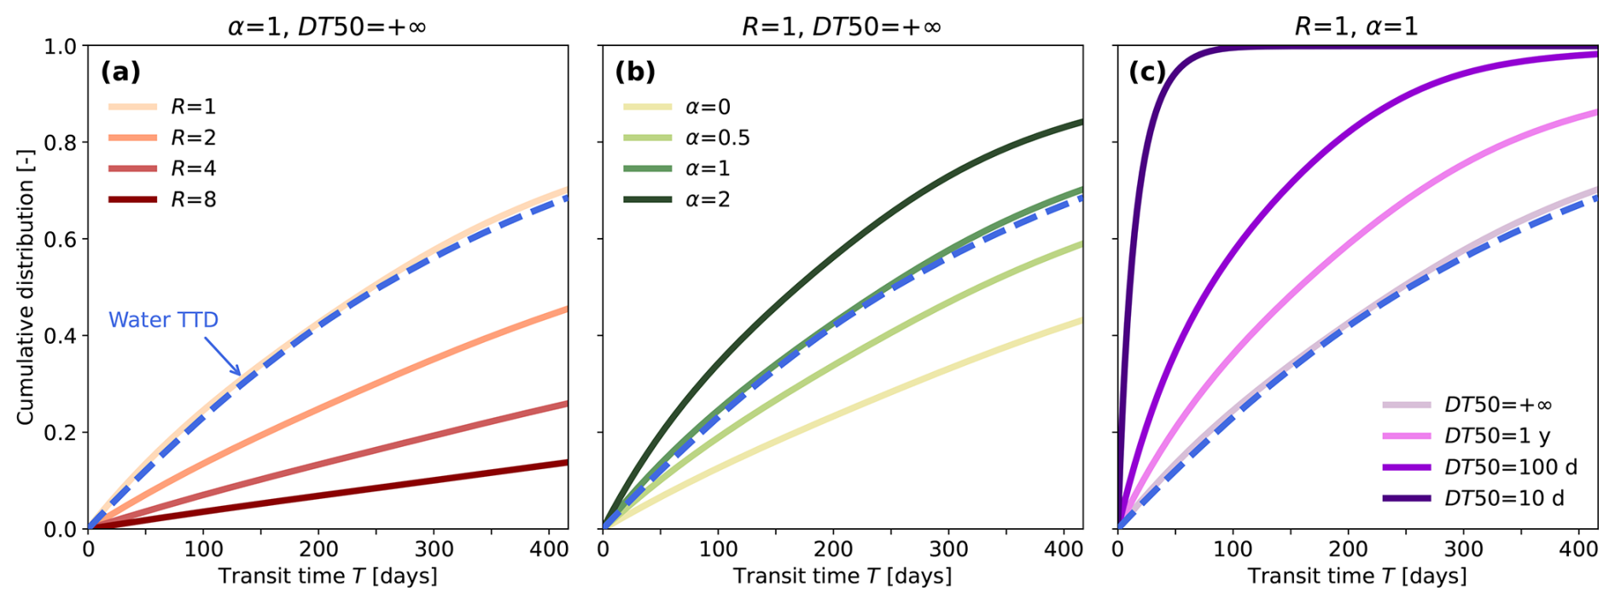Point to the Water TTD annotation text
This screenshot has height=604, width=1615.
pyautogui.click(x=163, y=320)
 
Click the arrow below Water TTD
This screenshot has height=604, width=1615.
pyautogui.click(x=222, y=356)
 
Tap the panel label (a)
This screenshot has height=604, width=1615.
pyautogui.click(x=120, y=72)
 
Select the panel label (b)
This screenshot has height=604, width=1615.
pyautogui.click(x=635, y=72)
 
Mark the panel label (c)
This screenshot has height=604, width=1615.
pyautogui.click(x=1147, y=72)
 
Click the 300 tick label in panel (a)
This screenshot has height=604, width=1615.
pyautogui.click(x=435, y=549)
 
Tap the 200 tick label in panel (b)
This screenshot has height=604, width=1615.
pyautogui.click(x=834, y=549)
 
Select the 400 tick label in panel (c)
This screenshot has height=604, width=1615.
pyautogui.click(x=1578, y=549)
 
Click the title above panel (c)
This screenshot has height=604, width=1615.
pyautogui.click(x=1356, y=26)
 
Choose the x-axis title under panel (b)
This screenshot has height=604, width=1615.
pyautogui.click(x=842, y=577)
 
